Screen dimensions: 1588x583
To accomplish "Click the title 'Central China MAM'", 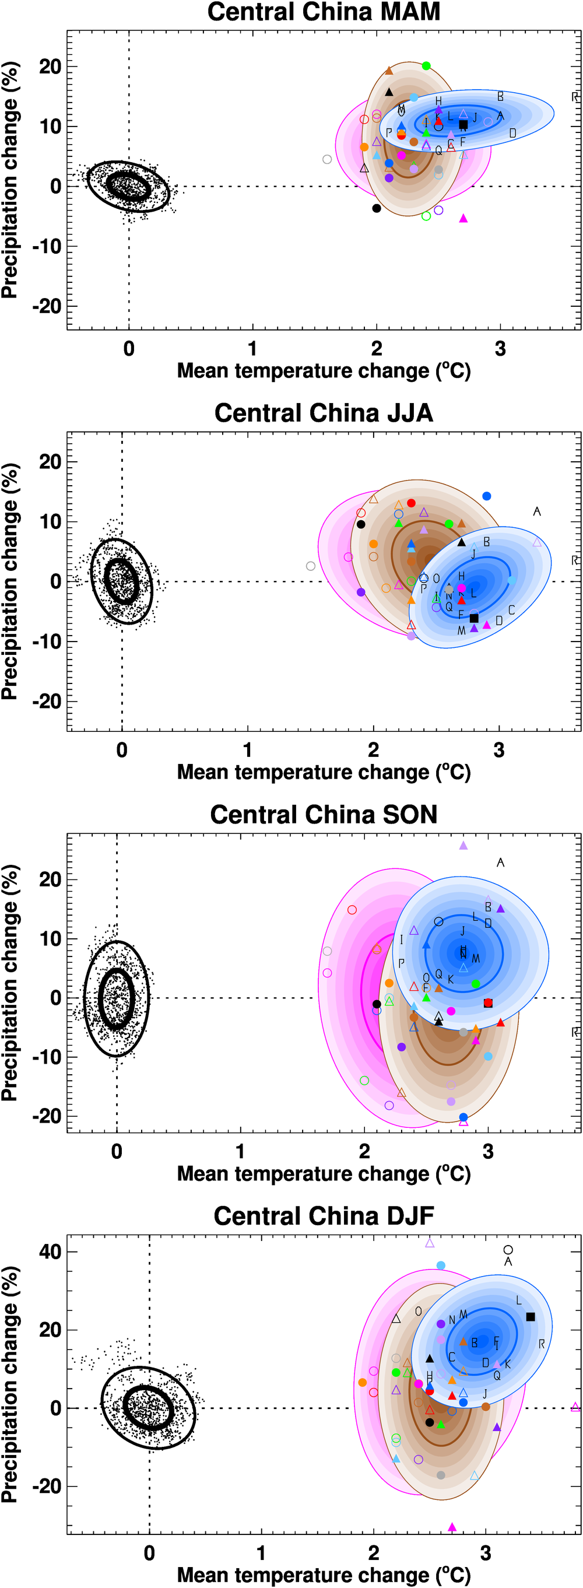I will click(x=324, y=12).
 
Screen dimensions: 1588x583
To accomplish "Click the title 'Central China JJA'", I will click(x=324, y=413).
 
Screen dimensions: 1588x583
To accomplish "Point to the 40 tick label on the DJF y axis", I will click(x=50, y=1252).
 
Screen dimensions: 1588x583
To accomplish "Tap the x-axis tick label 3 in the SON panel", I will click(x=488, y=1152).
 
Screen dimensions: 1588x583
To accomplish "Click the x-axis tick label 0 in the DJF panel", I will click(x=150, y=1553).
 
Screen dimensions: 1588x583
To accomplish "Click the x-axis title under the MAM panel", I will click(x=324, y=371).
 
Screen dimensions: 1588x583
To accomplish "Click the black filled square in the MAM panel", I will click(x=463, y=125).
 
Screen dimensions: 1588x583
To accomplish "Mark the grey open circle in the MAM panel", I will click(x=327, y=160).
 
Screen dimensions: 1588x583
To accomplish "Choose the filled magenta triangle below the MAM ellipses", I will click(x=463, y=218).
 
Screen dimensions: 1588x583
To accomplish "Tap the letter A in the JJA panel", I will click(x=537, y=511).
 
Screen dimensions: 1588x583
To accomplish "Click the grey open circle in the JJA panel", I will click(x=311, y=566).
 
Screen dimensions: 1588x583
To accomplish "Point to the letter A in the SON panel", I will click(x=500, y=863).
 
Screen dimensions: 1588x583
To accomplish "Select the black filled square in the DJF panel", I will click(x=531, y=1317).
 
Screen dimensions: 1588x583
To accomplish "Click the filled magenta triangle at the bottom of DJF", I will click(x=452, y=1527).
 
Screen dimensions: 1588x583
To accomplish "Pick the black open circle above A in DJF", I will click(x=508, y=1250).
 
